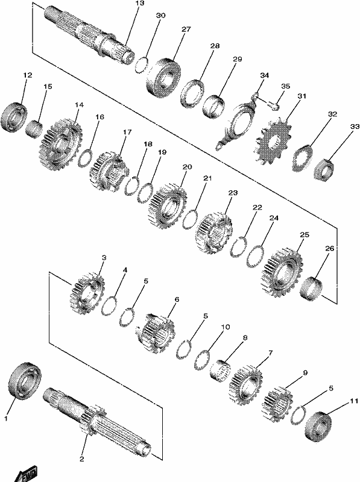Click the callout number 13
coord(139,4)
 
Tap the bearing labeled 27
coord(163,75)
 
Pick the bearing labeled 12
coord(13,116)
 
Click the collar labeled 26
coord(311,288)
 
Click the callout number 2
coord(82,459)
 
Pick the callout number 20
coord(187,167)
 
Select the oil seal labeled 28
coord(192,93)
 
